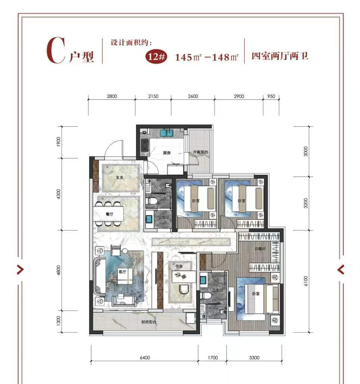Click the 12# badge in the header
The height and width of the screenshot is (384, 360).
157,56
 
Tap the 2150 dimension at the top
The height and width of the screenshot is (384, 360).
153,96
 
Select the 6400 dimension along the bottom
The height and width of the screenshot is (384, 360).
145,357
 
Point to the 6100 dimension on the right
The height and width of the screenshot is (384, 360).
306,281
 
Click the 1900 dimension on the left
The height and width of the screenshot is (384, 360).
59,142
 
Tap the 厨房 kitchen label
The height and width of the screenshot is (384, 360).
167,153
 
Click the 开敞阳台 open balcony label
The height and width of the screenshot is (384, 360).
201,152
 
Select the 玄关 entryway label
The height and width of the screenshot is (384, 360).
120,177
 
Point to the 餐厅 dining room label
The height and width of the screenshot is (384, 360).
110,214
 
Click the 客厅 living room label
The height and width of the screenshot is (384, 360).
122,272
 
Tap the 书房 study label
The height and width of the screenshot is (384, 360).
179,266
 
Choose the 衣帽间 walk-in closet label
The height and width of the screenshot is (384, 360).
260,248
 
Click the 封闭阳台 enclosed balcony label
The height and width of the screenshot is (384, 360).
149,322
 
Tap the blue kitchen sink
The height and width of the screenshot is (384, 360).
167,133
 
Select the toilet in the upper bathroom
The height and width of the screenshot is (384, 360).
151,201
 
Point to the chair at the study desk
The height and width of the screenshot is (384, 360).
184,289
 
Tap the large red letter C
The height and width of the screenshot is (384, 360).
56,50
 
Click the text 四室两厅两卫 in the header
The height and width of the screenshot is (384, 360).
280,56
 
